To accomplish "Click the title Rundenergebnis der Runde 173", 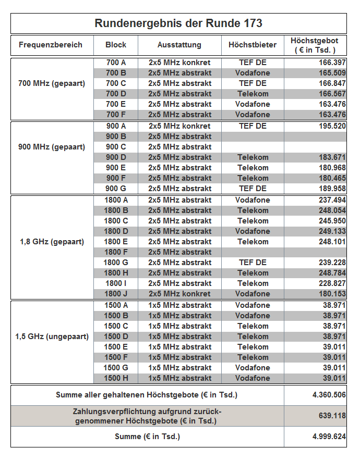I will click(178, 23).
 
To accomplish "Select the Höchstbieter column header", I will click(253, 45).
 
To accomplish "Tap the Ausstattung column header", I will click(179, 45).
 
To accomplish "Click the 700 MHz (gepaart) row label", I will click(52, 83).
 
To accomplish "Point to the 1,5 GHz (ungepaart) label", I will click(52, 337).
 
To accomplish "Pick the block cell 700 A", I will click(116, 63).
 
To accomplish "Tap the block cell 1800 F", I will click(116, 252).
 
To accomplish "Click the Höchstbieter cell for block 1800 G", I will click(253, 263).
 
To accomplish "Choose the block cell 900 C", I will click(116, 147).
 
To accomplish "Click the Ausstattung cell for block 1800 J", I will click(179, 294).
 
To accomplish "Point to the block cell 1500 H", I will click(116, 378).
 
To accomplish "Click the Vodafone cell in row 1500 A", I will click(253, 305).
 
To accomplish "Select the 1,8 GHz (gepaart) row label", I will click(52, 242).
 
